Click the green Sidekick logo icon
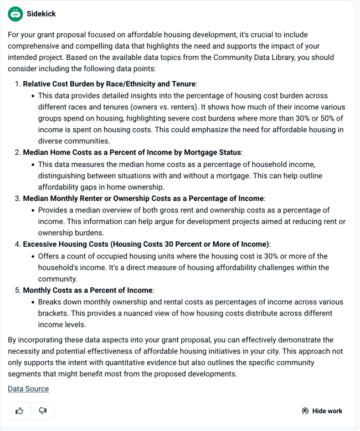coord(16,13)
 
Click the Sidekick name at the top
coord(41,13)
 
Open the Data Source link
coord(28,389)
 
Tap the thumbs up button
coord(20,411)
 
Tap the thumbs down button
coord(43,411)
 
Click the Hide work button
coord(322,411)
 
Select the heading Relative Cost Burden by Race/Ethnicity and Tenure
coord(110,84)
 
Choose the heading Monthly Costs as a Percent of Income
coord(88,290)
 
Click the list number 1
coord(18,84)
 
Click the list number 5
coord(18,290)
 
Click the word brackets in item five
coord(52,313)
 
